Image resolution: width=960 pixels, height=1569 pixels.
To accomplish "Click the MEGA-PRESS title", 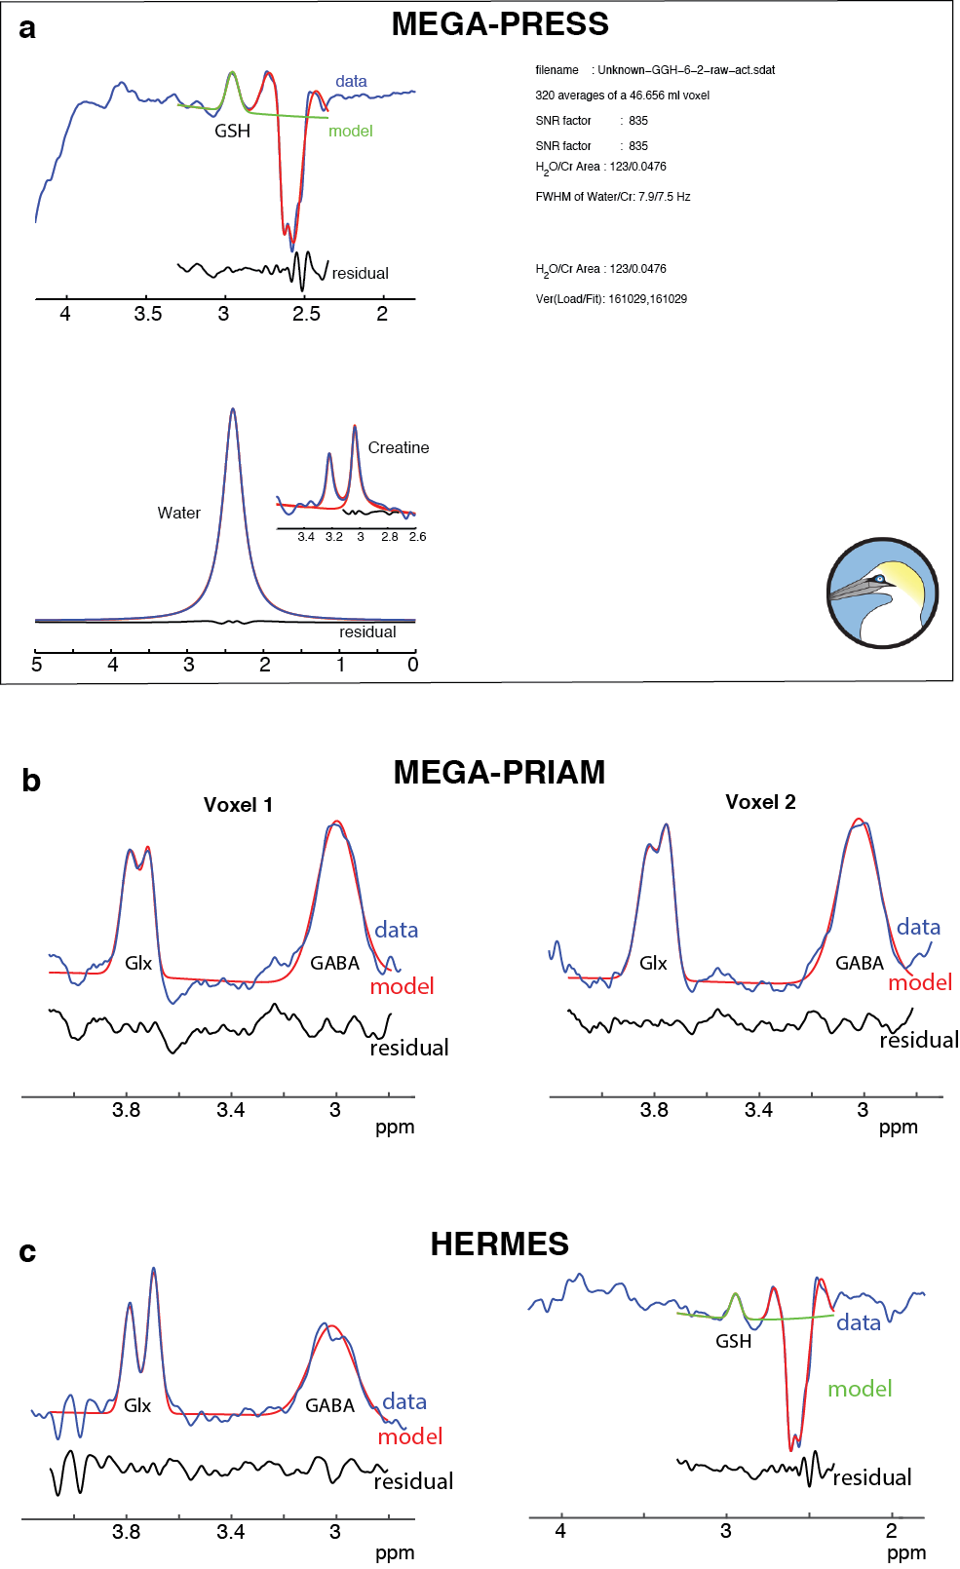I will pyautogui.click(x=500, y=24).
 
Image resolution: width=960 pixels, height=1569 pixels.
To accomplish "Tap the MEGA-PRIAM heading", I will pyautogui.click(x=499, y=772).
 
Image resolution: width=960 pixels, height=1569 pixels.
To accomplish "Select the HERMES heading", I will pyautogui.click(x=499, y=1244).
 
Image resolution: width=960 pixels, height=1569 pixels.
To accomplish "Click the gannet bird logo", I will pyautogui.click(x=882, y=593).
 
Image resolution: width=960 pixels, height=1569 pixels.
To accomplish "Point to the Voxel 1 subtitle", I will pyautogui.click(x=238, y=805).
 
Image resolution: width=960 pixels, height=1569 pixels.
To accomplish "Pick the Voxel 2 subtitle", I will pyautogui.click(x=760, y=802).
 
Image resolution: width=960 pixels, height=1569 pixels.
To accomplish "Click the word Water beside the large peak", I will pyautogui.click(x=179, y=513).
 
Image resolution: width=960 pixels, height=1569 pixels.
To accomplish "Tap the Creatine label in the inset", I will pyautogui.click(x=399, y=447).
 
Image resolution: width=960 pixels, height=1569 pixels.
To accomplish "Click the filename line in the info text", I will pyautogui.click(x=655, y=70).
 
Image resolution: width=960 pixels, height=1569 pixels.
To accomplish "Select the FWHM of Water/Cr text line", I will pyautogui.click(x=612, y=197).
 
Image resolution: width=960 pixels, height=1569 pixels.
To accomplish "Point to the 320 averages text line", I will pyautogui.click(x=622, y=96).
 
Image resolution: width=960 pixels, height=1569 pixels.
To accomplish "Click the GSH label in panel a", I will pyautogui.click(x=232, y=131).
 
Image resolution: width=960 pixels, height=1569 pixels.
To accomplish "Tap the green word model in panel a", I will pyautogui.click(x=350, y=131).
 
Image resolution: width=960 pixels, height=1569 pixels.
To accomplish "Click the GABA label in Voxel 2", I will pyautogui.click(x=860, y=963).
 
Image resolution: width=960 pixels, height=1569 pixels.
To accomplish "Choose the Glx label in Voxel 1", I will pyautogui.click(x=138, y=963).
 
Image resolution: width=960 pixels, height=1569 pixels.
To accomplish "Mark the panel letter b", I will pyautogui.click(x=31, y=781).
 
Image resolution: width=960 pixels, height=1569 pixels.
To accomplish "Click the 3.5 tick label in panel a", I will pyautogui.click(x=148, y=314).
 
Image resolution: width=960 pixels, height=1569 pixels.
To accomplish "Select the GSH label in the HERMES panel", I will pyautogui.click(x=733, y=1341).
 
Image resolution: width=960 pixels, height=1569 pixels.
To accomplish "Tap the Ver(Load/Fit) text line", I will pyautogui.click(x=611, y=299).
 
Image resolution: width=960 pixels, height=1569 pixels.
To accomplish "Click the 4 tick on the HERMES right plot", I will pyautogui.click(x=560, y=1531).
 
